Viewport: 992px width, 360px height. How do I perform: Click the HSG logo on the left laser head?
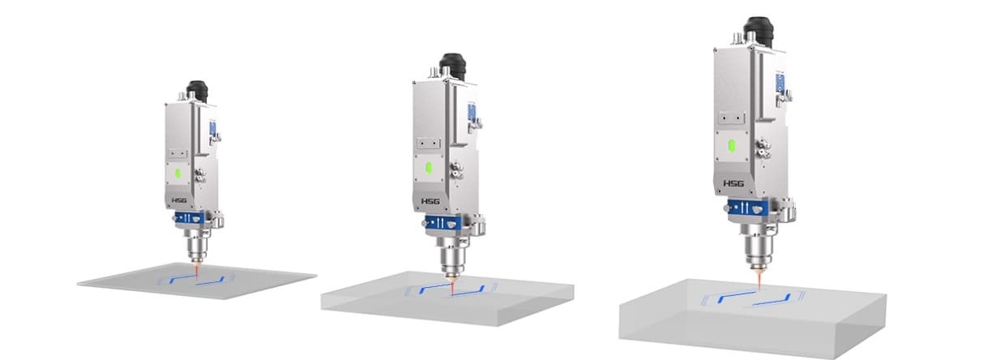click(179, 200)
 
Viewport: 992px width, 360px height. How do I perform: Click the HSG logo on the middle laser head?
click(430, 201)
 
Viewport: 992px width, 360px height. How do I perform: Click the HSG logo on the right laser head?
click(733, 183)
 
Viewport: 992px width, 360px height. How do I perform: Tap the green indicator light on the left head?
click(177, 174)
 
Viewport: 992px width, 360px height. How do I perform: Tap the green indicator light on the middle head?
click(428, 169)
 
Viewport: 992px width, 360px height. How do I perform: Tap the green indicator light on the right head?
click(732, 146)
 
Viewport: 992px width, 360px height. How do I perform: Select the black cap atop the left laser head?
click(198, 91)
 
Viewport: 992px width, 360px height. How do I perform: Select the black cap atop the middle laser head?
click(453, 66)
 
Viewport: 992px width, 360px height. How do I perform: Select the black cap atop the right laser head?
click(759, 32)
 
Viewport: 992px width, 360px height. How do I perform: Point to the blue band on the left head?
click(190, 218)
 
